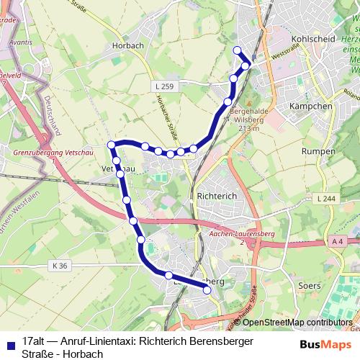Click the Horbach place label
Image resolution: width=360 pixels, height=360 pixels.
coord(129,45)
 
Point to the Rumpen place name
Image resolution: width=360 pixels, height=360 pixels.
coord(318,152)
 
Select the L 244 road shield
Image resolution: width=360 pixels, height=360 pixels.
coord(325,198)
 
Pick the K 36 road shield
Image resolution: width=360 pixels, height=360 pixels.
coord(60,266)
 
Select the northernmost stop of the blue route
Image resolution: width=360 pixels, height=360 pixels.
coord(238,50)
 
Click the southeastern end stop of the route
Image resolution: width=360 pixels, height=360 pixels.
coord(207,289)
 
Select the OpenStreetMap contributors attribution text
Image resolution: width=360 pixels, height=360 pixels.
coord(297,322)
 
